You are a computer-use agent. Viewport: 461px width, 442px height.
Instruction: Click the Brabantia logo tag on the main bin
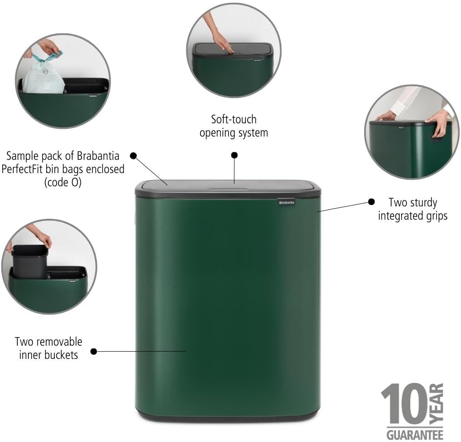pyautogui.click(x=286, y=201)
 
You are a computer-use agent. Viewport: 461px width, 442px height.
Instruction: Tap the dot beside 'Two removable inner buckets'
pyautogui.click(x=94, y=351)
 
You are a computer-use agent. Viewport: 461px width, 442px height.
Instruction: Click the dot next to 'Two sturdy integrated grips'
pyautogui.click(x=371, y=201)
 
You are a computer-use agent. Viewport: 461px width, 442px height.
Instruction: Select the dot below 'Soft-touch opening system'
pyautogui.click(x=234, y=155)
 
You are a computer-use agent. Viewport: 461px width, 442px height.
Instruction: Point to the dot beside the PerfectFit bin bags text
pyautogui.click(x=133, y=155)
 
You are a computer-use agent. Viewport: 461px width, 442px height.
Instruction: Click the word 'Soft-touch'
pyautogui.click(x=233, y=120)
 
